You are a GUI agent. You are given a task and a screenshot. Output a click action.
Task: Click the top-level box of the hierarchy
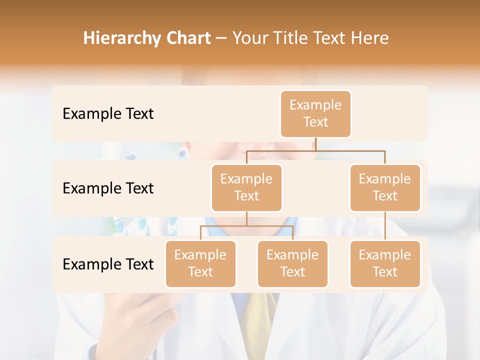tap(315, 113)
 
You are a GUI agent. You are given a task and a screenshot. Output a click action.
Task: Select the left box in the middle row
tap(246, 187)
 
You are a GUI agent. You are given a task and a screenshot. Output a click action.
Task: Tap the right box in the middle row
tap(385, 187)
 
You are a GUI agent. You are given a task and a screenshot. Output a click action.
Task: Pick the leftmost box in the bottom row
tap(200, 263)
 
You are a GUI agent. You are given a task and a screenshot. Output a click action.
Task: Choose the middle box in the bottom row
tap(292, 263)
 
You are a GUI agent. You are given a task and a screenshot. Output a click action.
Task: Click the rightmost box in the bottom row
tap(385, 263)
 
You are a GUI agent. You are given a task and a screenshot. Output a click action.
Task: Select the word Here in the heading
tap(370, 38)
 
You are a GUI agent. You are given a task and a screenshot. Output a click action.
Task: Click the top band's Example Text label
tap(108, 114)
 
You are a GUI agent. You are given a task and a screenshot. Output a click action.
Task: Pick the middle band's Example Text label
tap(108, 188)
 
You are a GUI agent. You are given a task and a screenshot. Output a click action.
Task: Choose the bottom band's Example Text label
tap(108, 264)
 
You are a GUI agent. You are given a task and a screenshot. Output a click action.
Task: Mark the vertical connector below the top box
tap(315, 144)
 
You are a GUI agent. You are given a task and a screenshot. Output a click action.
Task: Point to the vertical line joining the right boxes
tap(385, 226)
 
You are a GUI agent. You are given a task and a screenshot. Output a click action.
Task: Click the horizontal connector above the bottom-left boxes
tap(246, 226)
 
